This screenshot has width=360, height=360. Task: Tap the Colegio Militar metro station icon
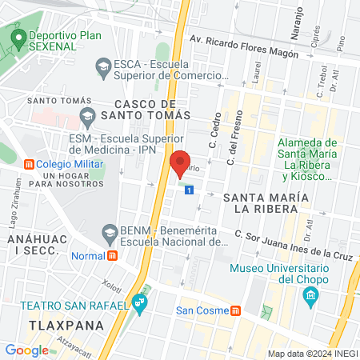coord(30,165)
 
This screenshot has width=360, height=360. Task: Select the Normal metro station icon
coord(113,256)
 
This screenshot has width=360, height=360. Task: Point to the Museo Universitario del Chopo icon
coord(310,298)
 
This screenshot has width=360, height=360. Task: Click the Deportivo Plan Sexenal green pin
coord(16,38)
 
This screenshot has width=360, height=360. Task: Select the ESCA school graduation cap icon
coord(102,67)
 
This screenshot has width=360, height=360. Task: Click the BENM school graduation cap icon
coord(110,233)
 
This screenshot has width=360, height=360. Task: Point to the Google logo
coord(26,350)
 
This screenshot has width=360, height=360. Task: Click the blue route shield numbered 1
coord(189,190)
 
